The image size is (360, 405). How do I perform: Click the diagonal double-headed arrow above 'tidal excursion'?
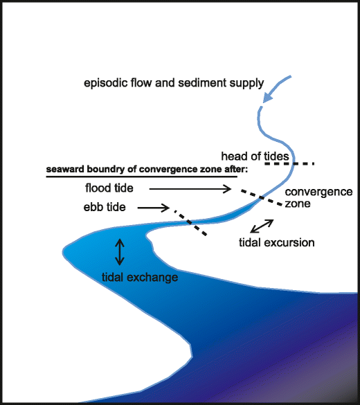click(x=261, y=225)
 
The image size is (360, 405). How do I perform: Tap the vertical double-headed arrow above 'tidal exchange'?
click(x=119, y=252)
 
